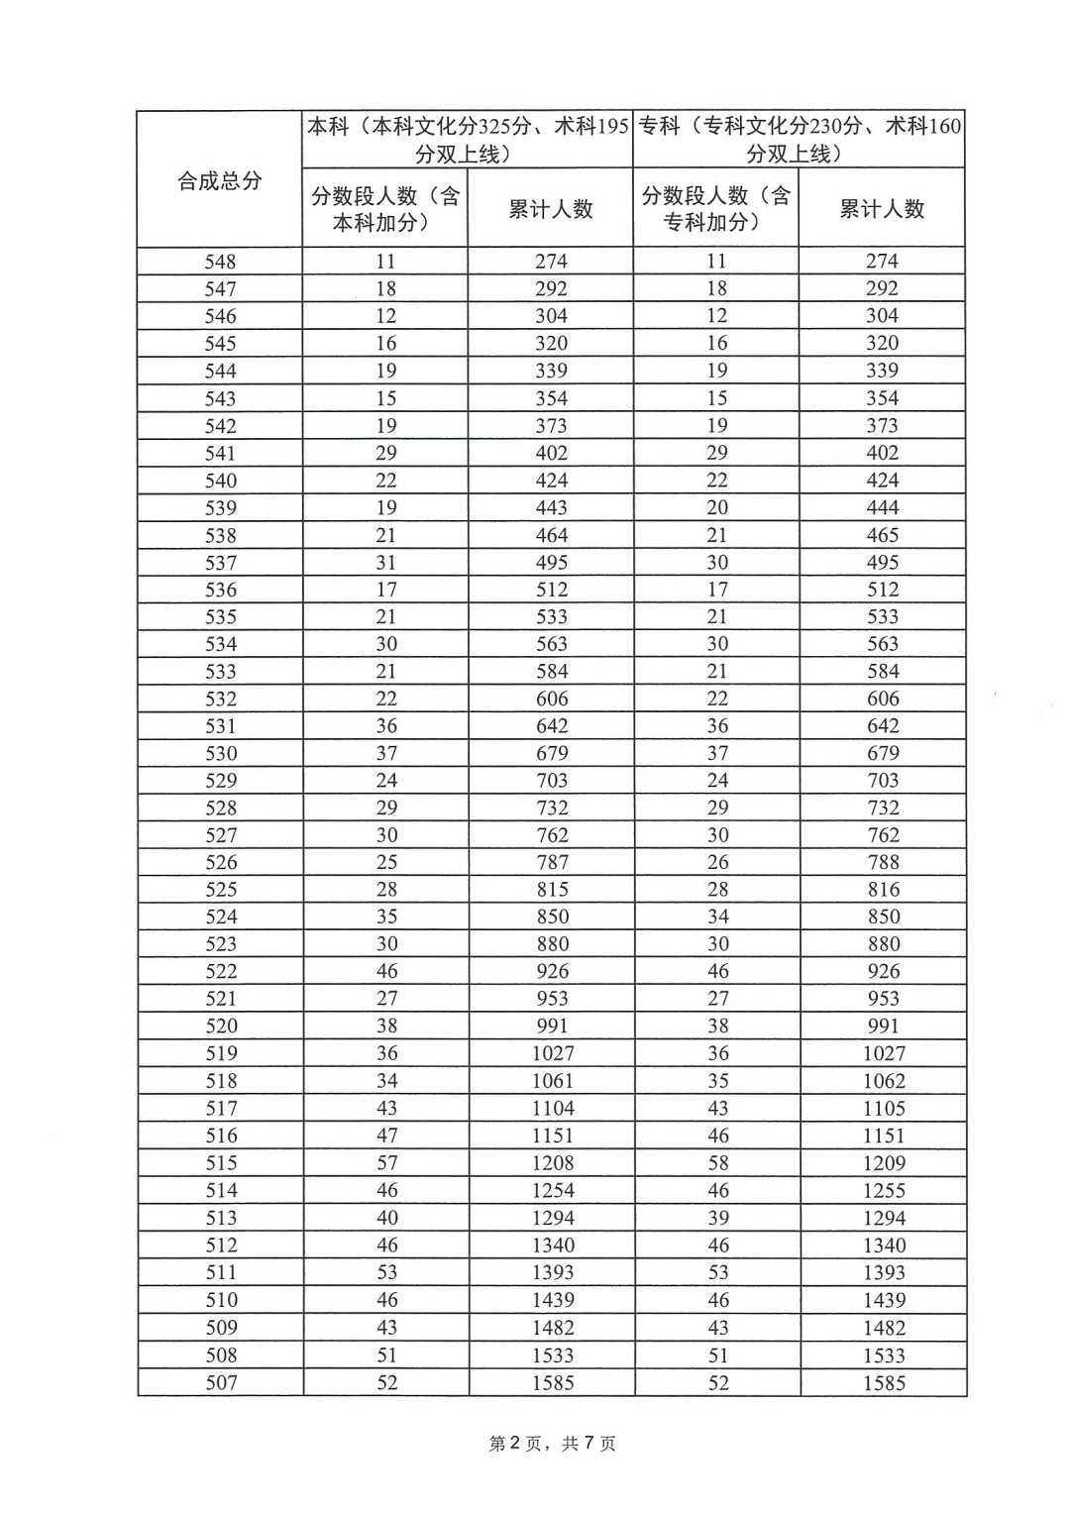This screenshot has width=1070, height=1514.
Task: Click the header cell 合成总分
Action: click(x=219, y=180)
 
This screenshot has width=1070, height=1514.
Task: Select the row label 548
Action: click(x=220, y=262)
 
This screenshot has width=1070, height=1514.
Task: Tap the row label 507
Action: click(x=221, y=1382)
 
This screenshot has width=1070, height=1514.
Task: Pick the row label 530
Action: click(x=221, y=753)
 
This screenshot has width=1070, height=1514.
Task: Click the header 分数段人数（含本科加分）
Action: click(x=385, y=209)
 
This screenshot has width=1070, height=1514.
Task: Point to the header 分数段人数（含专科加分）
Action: click(x=716, y=209)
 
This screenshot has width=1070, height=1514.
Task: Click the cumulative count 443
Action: click(x=551, y=507)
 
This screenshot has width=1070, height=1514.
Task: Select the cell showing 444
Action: click(x=882, y=507)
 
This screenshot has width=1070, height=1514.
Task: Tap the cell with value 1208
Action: click(x=552, y=1163)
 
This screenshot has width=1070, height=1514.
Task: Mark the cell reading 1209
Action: click(x=884, y=1163)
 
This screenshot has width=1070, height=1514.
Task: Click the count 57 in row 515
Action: click(x=386, y=1163)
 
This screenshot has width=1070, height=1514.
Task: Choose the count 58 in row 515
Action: click(x=718, y=1163)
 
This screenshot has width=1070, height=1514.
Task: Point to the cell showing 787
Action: click(x=552, y=862)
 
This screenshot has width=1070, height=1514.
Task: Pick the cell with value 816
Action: click(x=884, y=890)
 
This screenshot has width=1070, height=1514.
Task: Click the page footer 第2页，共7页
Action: click(x=553, y=1444)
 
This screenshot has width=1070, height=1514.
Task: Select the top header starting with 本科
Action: click(x=468, y=140)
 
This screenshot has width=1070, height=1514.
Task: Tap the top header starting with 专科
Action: click(x=800, y=140)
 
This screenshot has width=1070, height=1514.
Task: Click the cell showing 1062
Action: click(x=884, y=1081)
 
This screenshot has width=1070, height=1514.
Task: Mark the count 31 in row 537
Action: click(x=386, y=562)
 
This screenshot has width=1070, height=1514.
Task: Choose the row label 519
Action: click(x=221, y=1053)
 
